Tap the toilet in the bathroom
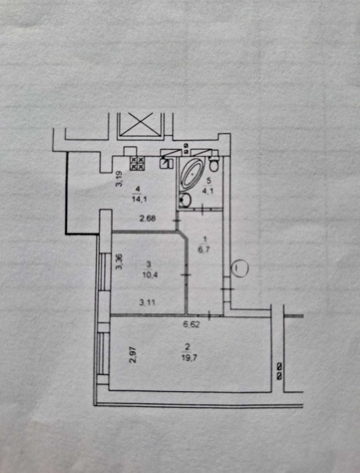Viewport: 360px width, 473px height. [x=214, y=163]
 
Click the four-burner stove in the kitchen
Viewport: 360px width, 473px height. [x=138, y=163]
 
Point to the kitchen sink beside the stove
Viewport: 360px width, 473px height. [x=166, y=164]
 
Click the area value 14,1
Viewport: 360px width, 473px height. [x=139, y=199]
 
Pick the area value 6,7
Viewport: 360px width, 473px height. [x=207, y=249]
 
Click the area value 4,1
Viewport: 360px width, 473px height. [x=208, y=191]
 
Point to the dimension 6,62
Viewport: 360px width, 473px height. [x=192, y=325]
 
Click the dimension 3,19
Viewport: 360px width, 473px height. [x=119, y=179]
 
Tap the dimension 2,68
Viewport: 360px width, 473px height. [x=148, y=218]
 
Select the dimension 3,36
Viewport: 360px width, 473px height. [x=119, y=261]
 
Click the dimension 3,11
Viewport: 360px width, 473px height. [x=147, y=302]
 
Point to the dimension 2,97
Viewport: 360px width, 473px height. [x=133, y=355]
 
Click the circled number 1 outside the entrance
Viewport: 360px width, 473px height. [x=239, y=268]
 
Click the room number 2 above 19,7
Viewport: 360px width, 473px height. [x=188, y=347]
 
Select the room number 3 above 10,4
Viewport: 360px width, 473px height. [x=148, y=265]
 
